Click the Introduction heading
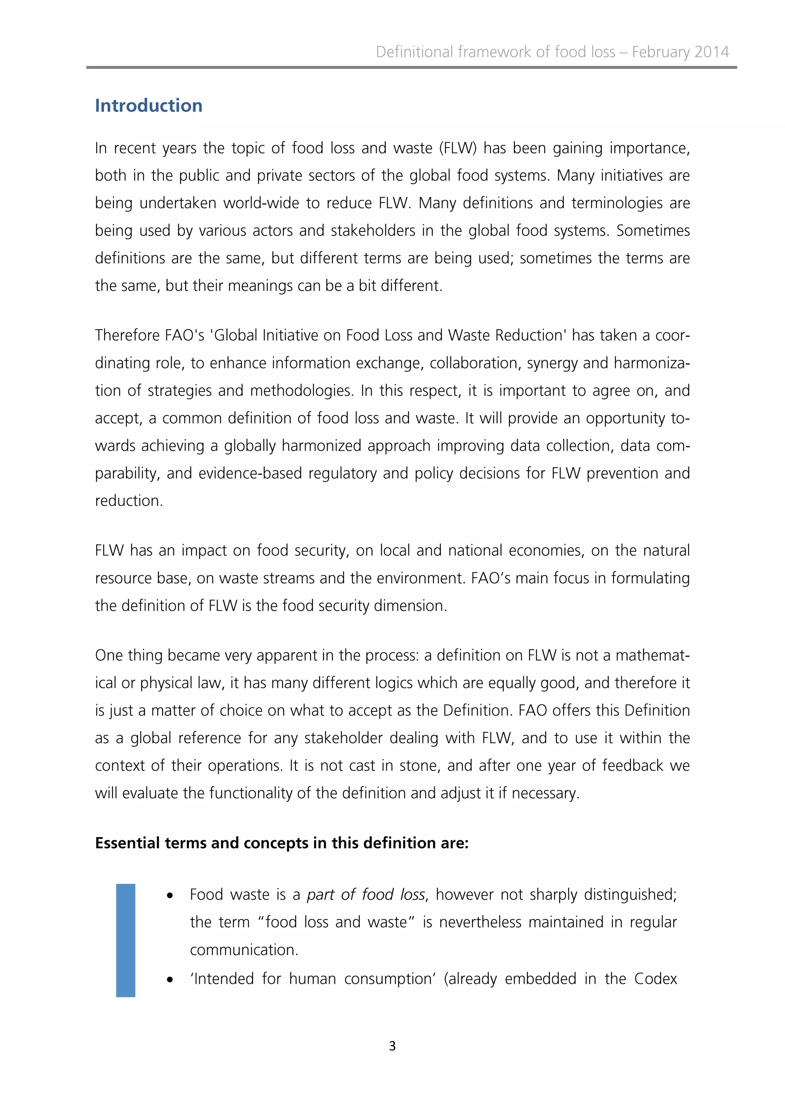(148, 106)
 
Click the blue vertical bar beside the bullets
(126, 940)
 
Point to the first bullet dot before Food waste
(170, 896)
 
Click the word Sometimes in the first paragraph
(652, 231)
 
